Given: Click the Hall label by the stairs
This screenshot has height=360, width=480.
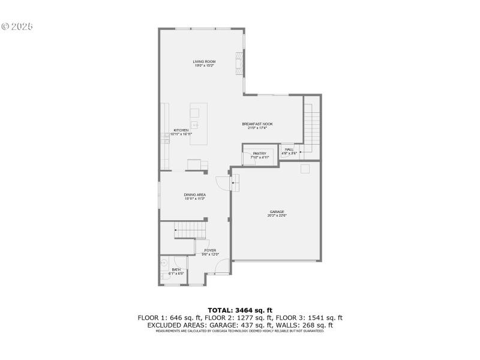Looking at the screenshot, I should pos(289,151).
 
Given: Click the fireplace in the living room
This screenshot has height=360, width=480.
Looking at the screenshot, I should pos(239,61).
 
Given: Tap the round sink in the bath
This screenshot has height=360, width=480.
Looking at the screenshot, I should pos(164,262).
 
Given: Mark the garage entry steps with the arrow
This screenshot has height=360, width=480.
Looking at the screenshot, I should pos(236,181).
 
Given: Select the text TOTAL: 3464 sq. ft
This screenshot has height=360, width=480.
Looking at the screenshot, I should pos(240,310).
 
